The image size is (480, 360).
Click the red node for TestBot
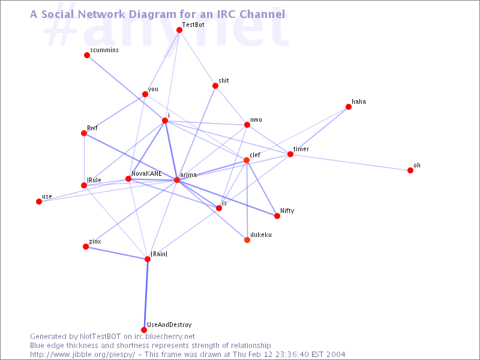179,30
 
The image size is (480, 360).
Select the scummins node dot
87,55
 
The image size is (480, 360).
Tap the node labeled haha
349,107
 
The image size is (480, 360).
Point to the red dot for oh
410,170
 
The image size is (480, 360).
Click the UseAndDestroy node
144,330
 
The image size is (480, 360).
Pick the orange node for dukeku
247,240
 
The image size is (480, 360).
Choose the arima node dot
177,180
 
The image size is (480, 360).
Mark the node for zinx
86,247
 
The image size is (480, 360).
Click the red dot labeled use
39,202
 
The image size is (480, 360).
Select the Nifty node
277,216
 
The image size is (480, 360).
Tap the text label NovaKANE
146,173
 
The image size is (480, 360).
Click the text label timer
301,149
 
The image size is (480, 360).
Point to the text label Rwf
92,128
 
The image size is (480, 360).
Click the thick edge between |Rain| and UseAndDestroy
146,295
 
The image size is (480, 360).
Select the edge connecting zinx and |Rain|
116,253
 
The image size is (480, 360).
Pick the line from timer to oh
350,162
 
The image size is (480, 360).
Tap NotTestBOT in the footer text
100,337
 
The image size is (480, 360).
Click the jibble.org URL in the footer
82,355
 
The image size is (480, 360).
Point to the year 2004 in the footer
335,355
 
